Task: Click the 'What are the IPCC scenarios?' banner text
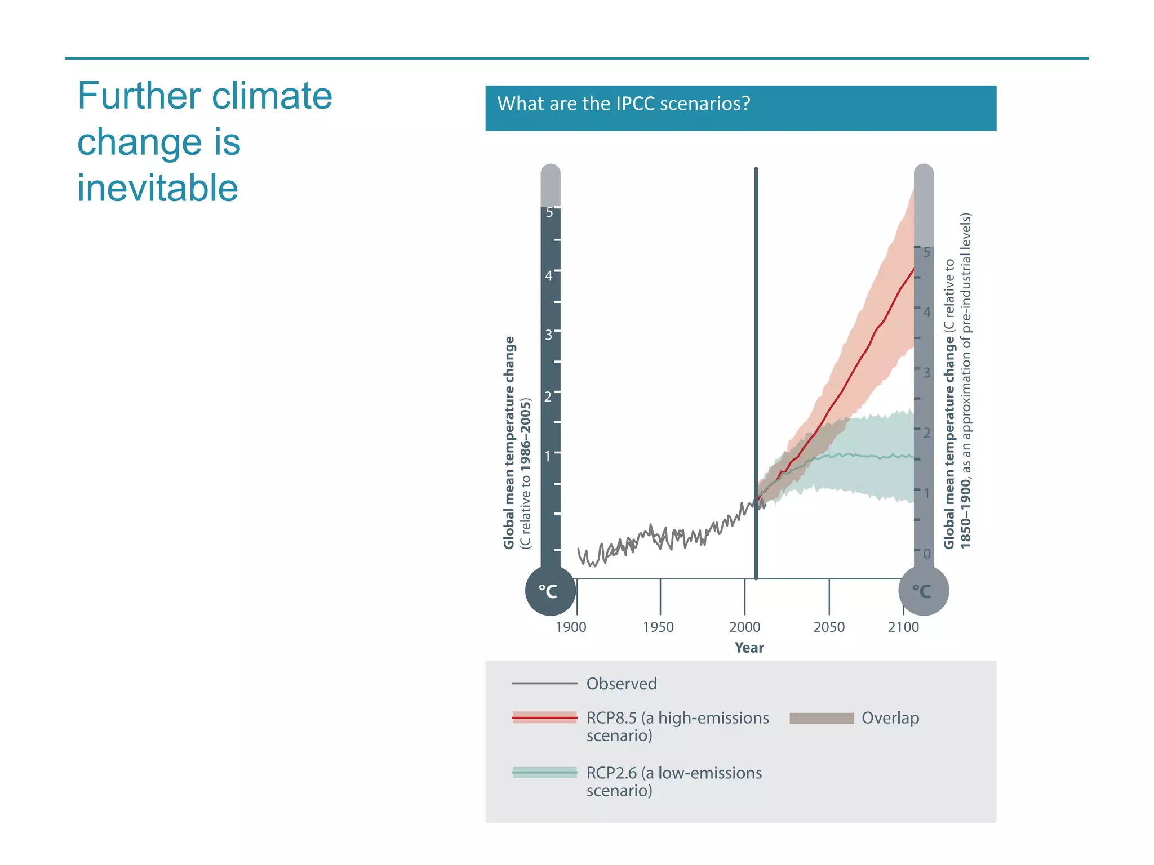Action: pyautogui.click(x=623, y=104)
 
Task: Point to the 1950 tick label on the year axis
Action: pyautogui.click(x=658, y=627)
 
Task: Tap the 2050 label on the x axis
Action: pyautogui.click(x=829, y=627)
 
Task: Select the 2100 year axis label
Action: pyautogui.click(x=903, y=627)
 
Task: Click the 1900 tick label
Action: pyautogui.click(x=571, y=627)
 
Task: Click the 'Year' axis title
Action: pyautogui.click(x=749, y=648)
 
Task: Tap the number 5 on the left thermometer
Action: pyautogui.click(x=549, y=213)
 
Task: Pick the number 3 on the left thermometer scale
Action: pyautogui.click(x=548, y=336)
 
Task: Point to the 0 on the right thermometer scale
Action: pyautogui.click(x=926, y=554)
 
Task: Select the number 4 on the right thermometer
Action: pyautogui.click(x=927, y=312)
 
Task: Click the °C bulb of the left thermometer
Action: pyautogui.click(x=550, y=591)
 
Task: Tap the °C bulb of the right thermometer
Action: pyautogui.click(x=923, y=591)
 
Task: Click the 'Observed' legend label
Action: pyautogui.click(x=622, y=684)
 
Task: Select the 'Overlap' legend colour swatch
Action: pyautogui.click(x=822, y=718)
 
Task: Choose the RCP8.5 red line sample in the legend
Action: pyautogui.click(x=544, y=718)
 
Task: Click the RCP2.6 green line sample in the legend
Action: pyautogui.click(x=544, y=773)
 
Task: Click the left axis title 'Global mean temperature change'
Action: pyautogui.click(x=509, y=443)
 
